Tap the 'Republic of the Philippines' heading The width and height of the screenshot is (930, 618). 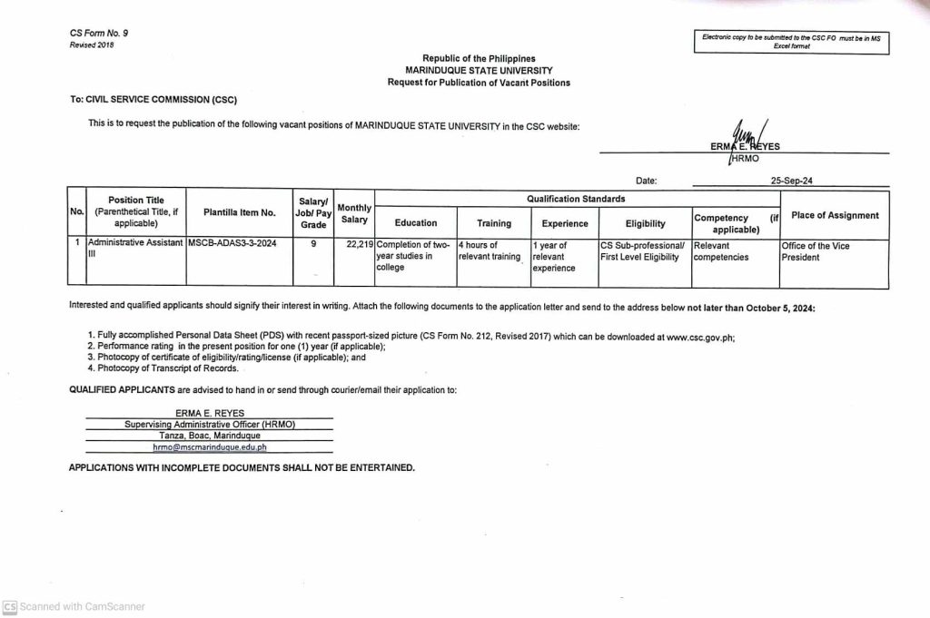click(479, 59)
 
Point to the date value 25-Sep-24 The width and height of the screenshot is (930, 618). click(790, 181)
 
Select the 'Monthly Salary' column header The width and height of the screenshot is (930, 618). click(354, 213)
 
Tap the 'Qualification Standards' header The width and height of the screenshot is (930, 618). click(576, 199)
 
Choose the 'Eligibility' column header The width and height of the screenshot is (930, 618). click(645, 223)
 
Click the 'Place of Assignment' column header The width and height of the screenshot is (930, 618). click(835, 215)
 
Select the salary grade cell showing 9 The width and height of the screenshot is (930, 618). click(313, 245)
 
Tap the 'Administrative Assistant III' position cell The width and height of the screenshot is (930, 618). click(134, 250)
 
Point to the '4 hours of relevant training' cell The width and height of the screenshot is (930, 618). click(490, 250)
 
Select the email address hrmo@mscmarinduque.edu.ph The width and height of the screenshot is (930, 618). click(210, 447)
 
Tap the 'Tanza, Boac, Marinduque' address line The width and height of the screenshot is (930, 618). click(210, 436)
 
